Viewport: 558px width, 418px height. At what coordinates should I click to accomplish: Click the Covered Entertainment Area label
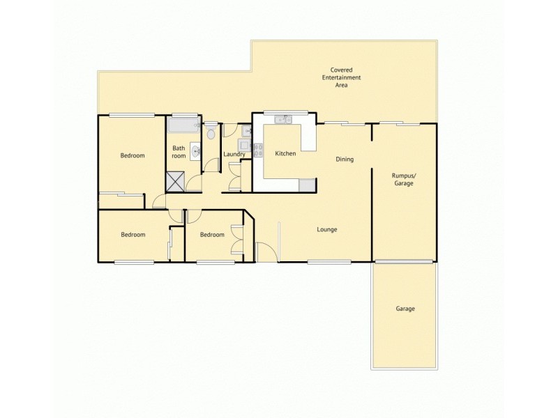341,77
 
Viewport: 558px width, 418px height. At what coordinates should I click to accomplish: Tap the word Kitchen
286,153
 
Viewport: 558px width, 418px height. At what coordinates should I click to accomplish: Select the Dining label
345,160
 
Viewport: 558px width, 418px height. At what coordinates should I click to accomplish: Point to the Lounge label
327,229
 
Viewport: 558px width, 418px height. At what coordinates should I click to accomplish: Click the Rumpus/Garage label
404,179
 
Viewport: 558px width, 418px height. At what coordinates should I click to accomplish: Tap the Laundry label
234,154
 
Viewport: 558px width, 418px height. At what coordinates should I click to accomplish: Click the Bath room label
179,152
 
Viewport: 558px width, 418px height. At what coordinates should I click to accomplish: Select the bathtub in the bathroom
183,127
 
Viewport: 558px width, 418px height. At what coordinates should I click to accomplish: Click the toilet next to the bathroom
211,131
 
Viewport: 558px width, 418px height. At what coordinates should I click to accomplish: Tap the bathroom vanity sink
195,150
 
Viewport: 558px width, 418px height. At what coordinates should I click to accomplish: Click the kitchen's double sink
283,120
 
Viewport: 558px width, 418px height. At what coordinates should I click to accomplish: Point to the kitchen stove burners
257,148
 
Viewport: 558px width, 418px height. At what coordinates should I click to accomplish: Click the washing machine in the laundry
244,145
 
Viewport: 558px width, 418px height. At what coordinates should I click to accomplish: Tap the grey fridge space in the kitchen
307,185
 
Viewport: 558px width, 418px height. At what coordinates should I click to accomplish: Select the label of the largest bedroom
132,155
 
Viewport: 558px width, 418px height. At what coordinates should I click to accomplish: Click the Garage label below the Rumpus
405,309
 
